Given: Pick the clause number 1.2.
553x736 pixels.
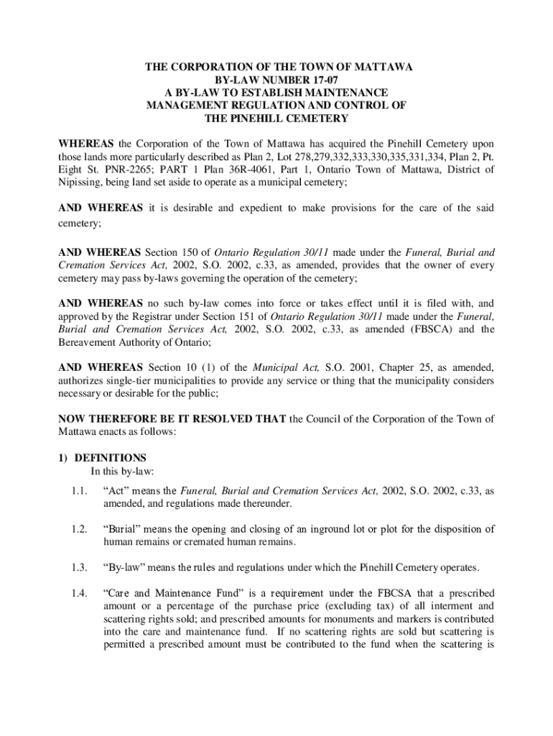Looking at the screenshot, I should click(x=79, y=529).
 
